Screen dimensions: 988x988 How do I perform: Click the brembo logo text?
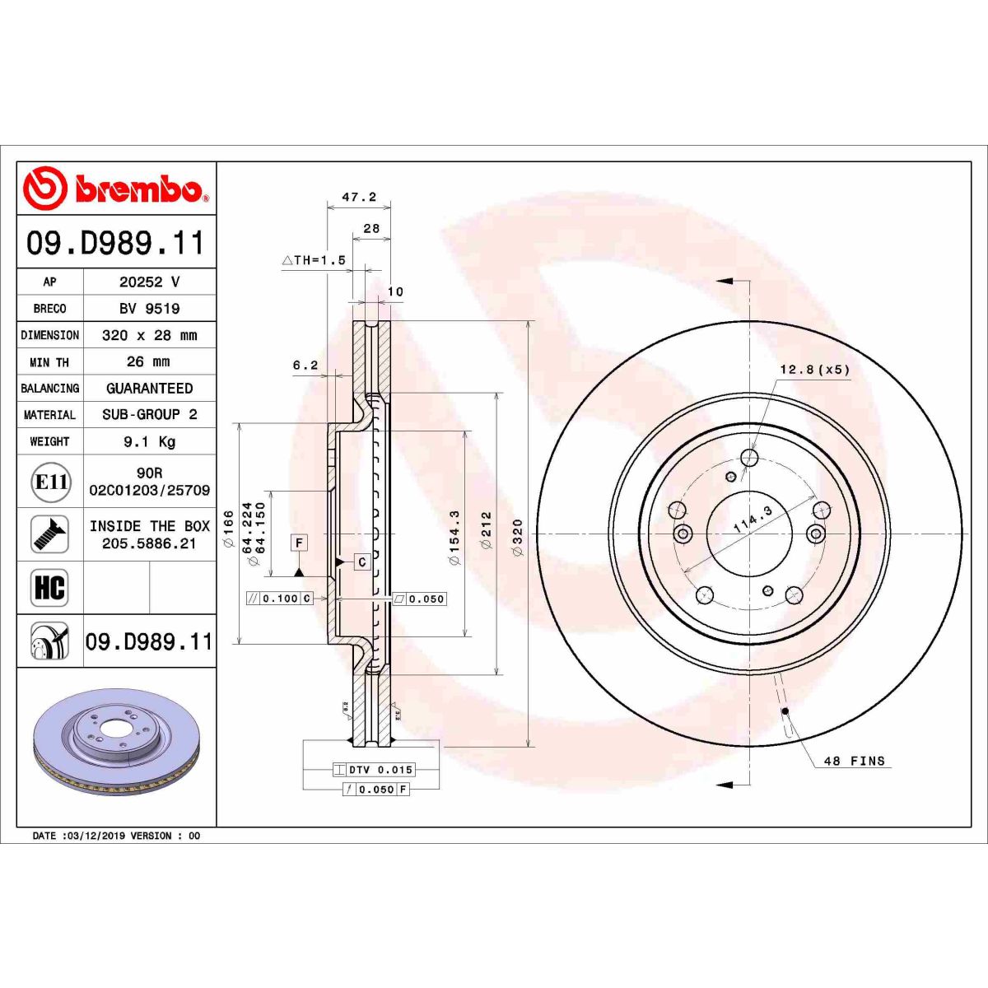pyautogui.click(x=138, y=189)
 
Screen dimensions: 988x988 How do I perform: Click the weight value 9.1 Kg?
pyautogui.click(x=149, y=442)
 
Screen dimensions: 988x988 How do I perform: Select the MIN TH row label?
pyautogui.click(x=49, y=362)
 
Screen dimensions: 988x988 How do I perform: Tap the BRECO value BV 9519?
pyautogui.click(x=149, y=309)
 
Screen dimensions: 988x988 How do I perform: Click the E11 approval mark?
pyautogui.click(x=50, y=482)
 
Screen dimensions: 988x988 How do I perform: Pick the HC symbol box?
pyautogui.click(x=49, y=588)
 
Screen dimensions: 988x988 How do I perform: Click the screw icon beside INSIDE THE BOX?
pyautogui.click(x=49, y=534)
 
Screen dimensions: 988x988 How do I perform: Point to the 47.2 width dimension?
pyautogui.click(x=359, y=197)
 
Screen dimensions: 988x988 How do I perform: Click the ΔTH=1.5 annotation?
pyautogui.click(x=314, y=260)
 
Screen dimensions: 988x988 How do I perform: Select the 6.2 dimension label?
pyautogui.click(x=305, y=366)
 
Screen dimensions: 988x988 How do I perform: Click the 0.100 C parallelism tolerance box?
pyautogui.click(x=280, y=599)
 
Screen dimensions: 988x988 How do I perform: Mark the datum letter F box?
pyautogui.click(x=299, y=543)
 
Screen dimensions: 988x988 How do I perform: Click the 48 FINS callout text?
pyautogui.click(x=855, y=761)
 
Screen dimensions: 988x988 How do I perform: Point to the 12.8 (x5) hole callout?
pyautogui.click(x=814, y=370)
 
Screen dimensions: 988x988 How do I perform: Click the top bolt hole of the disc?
pyautogui.click(x=749, y=457)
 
